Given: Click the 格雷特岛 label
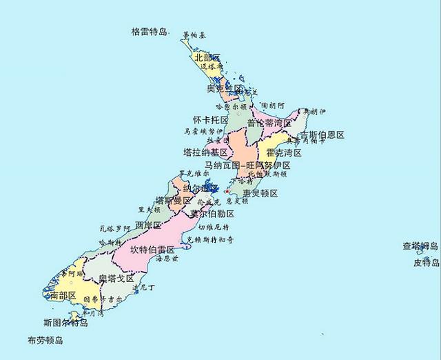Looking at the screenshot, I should [x=150, y=32].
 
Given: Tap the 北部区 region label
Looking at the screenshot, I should [x=207, y=57].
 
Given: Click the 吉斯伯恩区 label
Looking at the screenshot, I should [x=321, y=134].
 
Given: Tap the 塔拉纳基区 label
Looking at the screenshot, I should [x=205, y=152].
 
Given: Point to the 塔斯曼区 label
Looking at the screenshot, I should [x=173, y=200].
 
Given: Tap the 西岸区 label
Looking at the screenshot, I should [x=148, y=226].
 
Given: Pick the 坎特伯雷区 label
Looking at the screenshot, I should [x=152, y=249].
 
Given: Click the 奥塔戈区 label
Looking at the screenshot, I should [x=116, y=279].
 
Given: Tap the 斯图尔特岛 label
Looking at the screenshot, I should [x=65, y=322].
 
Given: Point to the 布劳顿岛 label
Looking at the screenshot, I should [x=45, y=341].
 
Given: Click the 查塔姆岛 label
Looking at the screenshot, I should [x=420, y=246].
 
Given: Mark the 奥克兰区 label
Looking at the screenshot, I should [x=226, y=89].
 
